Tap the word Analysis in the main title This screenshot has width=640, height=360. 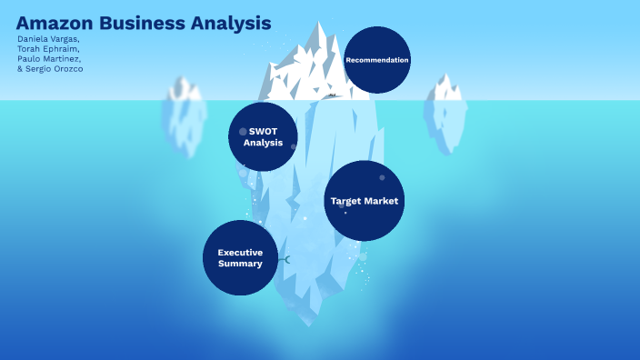click(233, 23)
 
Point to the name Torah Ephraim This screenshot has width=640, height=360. click(48, 49)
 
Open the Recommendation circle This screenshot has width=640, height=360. click(377, 60)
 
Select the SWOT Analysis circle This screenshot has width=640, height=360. click(263, 136)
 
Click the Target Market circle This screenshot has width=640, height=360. click(364, 201)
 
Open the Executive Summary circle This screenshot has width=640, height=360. click(240, 257)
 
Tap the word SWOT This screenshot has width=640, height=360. click(263, 131)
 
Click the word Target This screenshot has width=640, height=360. click(346, 201)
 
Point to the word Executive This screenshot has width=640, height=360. click(240, 252)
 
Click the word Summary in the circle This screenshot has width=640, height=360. click(240, 264)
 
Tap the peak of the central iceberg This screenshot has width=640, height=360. click(319, 25)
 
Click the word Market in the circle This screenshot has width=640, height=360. click(382, 201)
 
